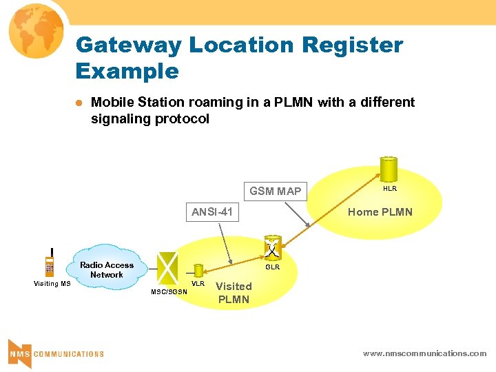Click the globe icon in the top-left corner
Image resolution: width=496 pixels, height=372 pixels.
[x=34, y=32]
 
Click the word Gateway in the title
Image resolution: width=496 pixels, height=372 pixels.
[x=129, y=45]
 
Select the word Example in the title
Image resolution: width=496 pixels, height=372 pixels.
[x=127, y=71]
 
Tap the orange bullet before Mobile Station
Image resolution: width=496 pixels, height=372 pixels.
[x=79, y=103]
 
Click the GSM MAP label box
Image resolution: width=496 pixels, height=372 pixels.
[x=275, y=191]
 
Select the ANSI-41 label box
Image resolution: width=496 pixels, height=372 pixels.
[x=212, y=211]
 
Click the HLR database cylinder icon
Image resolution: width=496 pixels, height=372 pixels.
[x=389, y=168]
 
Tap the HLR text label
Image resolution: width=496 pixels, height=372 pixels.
[x=389, y=188]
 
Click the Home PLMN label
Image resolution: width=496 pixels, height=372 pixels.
[x=380, y=211]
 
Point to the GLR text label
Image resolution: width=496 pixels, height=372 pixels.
[x=273, y=267]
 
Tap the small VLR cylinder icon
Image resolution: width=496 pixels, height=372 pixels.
[x=198, y=271]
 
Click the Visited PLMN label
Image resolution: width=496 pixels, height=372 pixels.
[x=234, y=293]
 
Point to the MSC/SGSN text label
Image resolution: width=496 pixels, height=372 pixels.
[x=169, y=291]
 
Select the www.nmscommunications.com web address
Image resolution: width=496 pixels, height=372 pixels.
[x=424, y=353]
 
